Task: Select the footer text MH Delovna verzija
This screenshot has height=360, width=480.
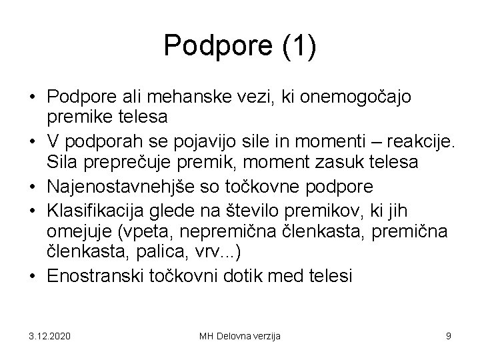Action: (240, 335)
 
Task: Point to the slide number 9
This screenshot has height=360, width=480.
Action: (449, 335)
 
